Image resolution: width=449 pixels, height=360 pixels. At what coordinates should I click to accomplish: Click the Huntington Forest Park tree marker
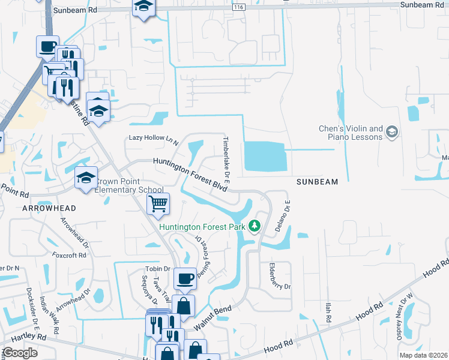[x=255, y=226]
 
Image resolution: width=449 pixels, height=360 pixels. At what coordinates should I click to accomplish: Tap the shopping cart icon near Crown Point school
[x=158, y=204]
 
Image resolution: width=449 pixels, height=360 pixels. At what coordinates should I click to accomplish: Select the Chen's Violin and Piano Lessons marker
[x=392, y=131]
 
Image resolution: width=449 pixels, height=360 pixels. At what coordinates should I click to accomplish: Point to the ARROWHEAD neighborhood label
[x=49, y=208]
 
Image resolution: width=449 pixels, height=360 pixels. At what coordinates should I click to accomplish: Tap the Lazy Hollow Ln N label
[x=154, y=139]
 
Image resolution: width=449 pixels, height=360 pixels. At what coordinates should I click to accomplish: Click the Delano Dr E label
[x=287, y=215]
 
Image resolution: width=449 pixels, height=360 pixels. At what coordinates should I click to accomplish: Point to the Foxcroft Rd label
[x=69, y=255]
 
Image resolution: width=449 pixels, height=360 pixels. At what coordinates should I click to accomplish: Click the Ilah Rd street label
[x=328, y=314]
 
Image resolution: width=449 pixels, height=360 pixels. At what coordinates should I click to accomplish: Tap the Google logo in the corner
[x=19, y=353]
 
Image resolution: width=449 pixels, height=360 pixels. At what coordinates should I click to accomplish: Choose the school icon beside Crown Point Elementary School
[x=86, y=177]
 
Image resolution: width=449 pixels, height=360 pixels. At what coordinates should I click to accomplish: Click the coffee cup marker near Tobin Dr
[x=185, y=278]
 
